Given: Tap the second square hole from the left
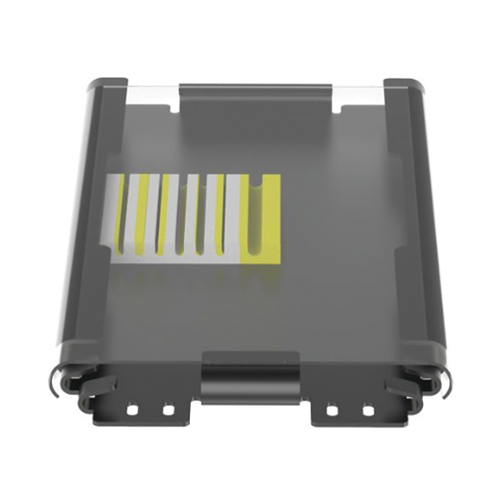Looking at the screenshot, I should pos(168,410).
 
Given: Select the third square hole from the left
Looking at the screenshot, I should pos(332,410).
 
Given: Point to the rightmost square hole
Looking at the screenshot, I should pos(368,410).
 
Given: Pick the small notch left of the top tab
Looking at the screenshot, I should pos(174,107).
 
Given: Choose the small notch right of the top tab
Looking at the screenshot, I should pos(337,107).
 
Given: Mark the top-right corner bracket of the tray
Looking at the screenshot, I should pos(404,86).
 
